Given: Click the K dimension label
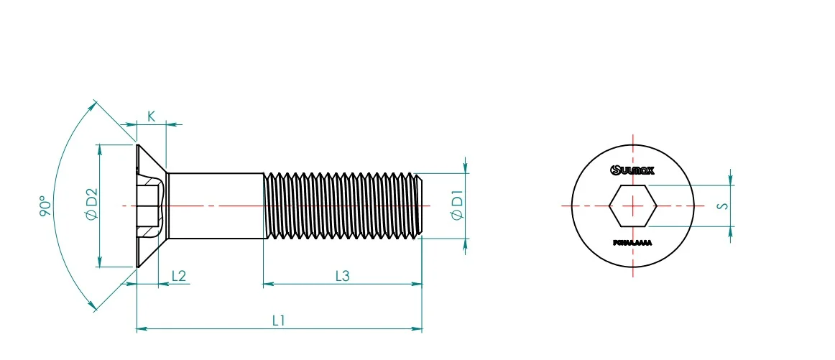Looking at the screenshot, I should (x=152, y=116).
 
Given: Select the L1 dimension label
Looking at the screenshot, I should (x=279, y=320).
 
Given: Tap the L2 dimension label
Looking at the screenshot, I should (x=179, y=276).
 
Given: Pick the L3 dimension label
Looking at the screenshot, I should (x=342, y=275).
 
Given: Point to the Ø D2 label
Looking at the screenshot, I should (x=91, y=205).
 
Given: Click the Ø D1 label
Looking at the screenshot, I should (x=457, y=206).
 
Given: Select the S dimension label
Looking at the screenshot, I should (x=724, y=206).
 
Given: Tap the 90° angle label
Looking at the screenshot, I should (x=45, y=206).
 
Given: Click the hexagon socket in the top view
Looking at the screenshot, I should (x=632, y=206).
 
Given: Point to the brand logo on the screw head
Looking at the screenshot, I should (x=632, y=170).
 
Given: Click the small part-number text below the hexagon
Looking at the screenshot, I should (x=632, y=244).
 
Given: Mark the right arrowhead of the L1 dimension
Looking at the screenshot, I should (x=418, y=329).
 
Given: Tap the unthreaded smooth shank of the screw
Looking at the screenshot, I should (x=216, y=206).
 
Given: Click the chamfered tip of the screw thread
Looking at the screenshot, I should (x=421, y=206).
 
